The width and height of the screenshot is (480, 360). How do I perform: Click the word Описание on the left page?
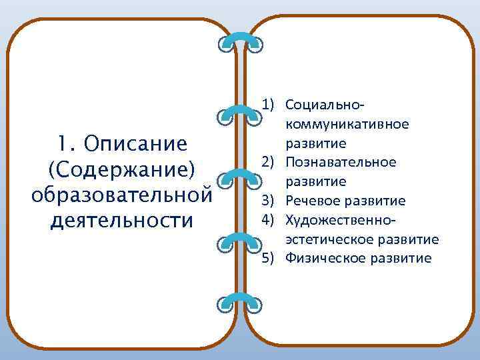tap(140, 143)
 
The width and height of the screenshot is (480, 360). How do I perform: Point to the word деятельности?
tap(121, 219)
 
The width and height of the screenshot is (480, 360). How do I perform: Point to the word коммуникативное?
tap(347, 124)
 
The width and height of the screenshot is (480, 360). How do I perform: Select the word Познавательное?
tap(340, 162)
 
